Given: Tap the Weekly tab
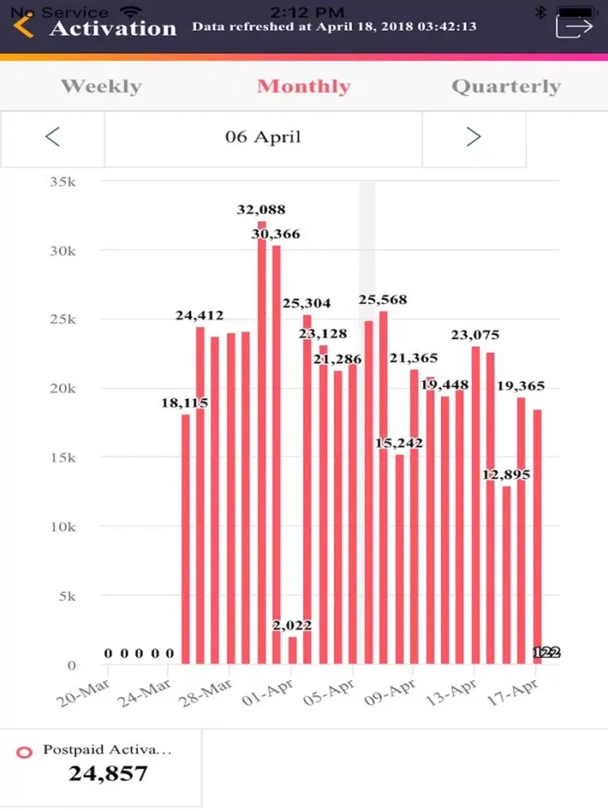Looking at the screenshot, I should tap(101, 87).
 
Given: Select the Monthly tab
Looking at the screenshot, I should tap(304, 87).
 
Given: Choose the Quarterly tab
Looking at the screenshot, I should tap(506, 87).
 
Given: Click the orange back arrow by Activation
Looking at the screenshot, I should tap(24, 26).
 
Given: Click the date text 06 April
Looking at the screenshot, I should tap(263, 137).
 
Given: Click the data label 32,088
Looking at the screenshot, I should tap(261, 210).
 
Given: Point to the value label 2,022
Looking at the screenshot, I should tap(291, 625).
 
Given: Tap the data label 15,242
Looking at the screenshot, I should tap(399, 444).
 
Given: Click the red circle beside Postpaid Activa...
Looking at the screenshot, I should tap(24, 752).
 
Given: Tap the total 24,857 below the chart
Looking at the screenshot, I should tap(108, 773).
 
